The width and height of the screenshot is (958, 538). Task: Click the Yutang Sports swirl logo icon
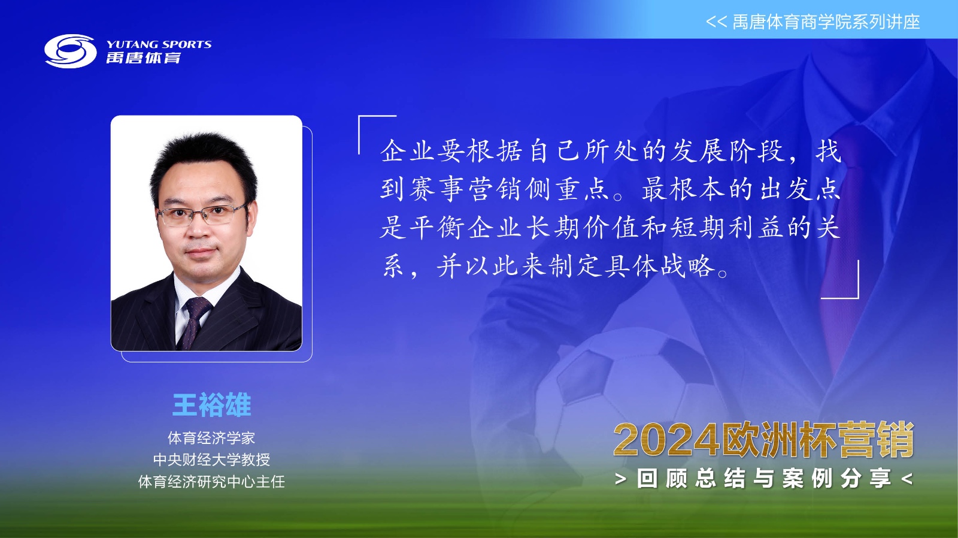point(71,52)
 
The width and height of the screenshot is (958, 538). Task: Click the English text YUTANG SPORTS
point(159,44)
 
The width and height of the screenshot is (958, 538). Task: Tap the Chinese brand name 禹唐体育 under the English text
point(144,58)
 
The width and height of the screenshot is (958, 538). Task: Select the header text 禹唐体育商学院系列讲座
point(826,22)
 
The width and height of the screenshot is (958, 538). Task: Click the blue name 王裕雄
point(211,404)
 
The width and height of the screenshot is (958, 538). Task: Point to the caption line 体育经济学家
point(211,438)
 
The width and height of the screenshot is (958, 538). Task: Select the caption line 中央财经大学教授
point(211,460)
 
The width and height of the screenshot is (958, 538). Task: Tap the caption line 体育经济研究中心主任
point(211,482)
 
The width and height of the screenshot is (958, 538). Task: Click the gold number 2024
point(666,440)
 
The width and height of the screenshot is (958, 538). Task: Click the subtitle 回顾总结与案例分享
point(764,479)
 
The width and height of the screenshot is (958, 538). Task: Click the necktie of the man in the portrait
point(195,322)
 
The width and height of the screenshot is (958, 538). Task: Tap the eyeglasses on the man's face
point(201,214)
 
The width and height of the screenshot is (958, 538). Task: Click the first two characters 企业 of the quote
point(408,151)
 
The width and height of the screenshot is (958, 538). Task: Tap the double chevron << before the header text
point(716,22)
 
